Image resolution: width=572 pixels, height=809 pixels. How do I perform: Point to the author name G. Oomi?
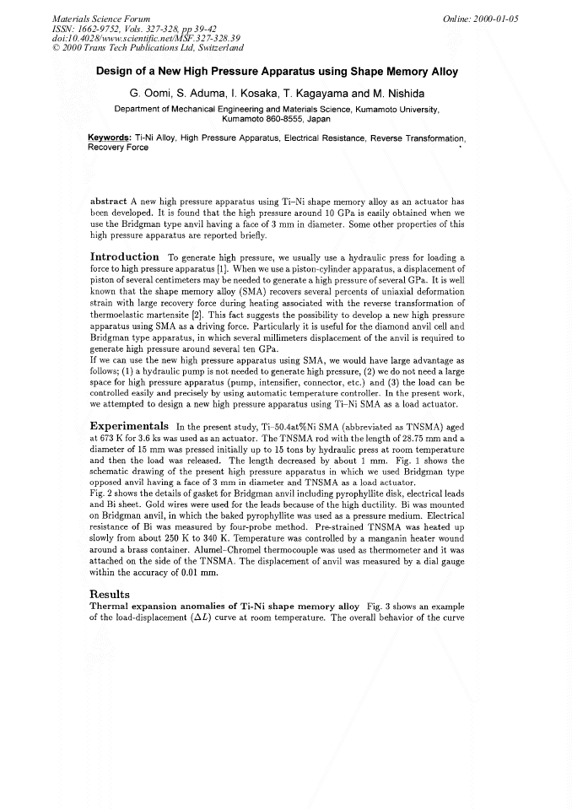pos(154,91)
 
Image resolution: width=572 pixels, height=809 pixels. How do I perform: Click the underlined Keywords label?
pos(109,138)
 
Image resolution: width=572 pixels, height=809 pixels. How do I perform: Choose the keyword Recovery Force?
pos(118,148)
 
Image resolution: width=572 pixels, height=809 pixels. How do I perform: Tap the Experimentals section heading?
pos(128,424)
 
